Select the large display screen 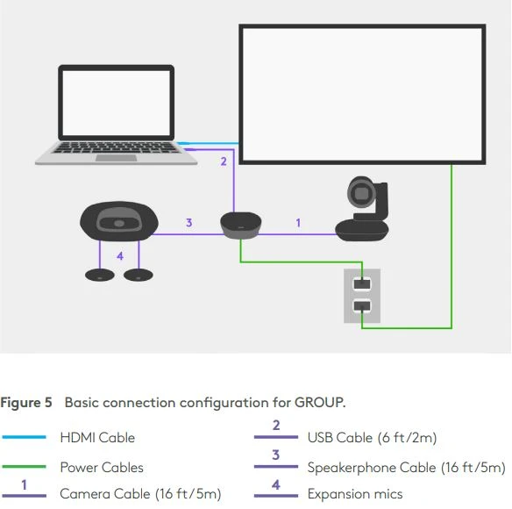pos(362,94)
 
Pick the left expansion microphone pos(99,275)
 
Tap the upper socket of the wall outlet pos(361,284)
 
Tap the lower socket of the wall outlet pos(361,307)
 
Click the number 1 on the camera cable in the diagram pos(298,223)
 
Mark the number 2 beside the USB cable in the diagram pos(224,161)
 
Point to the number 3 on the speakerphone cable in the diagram pos(188,223)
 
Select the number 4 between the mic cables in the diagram pos(119,256)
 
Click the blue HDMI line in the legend pos(24,437)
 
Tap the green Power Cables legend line pos(24,468)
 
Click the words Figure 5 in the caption pos(25,403)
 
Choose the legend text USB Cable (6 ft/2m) pos(372,437)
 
